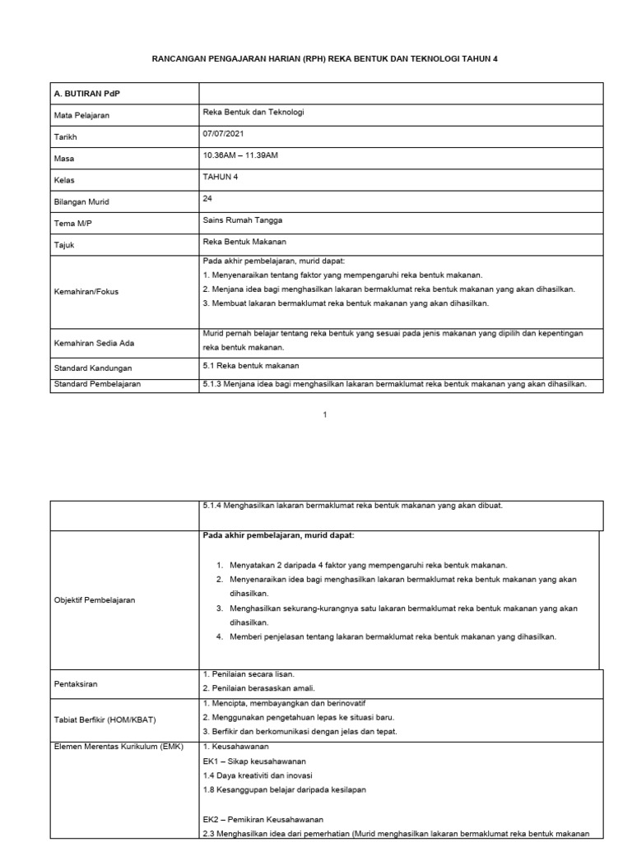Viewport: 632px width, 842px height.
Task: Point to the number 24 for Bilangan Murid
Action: (x=207, y=198)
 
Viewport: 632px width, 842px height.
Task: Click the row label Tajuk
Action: (x=66, y=245)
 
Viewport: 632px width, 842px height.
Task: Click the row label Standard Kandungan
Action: (x=92, y=368)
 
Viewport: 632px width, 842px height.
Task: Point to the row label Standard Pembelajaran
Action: (x=98, y=384)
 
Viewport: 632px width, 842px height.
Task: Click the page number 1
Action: (x=325, y=414)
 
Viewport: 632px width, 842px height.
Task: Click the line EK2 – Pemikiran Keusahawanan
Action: (x=263, y=820)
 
